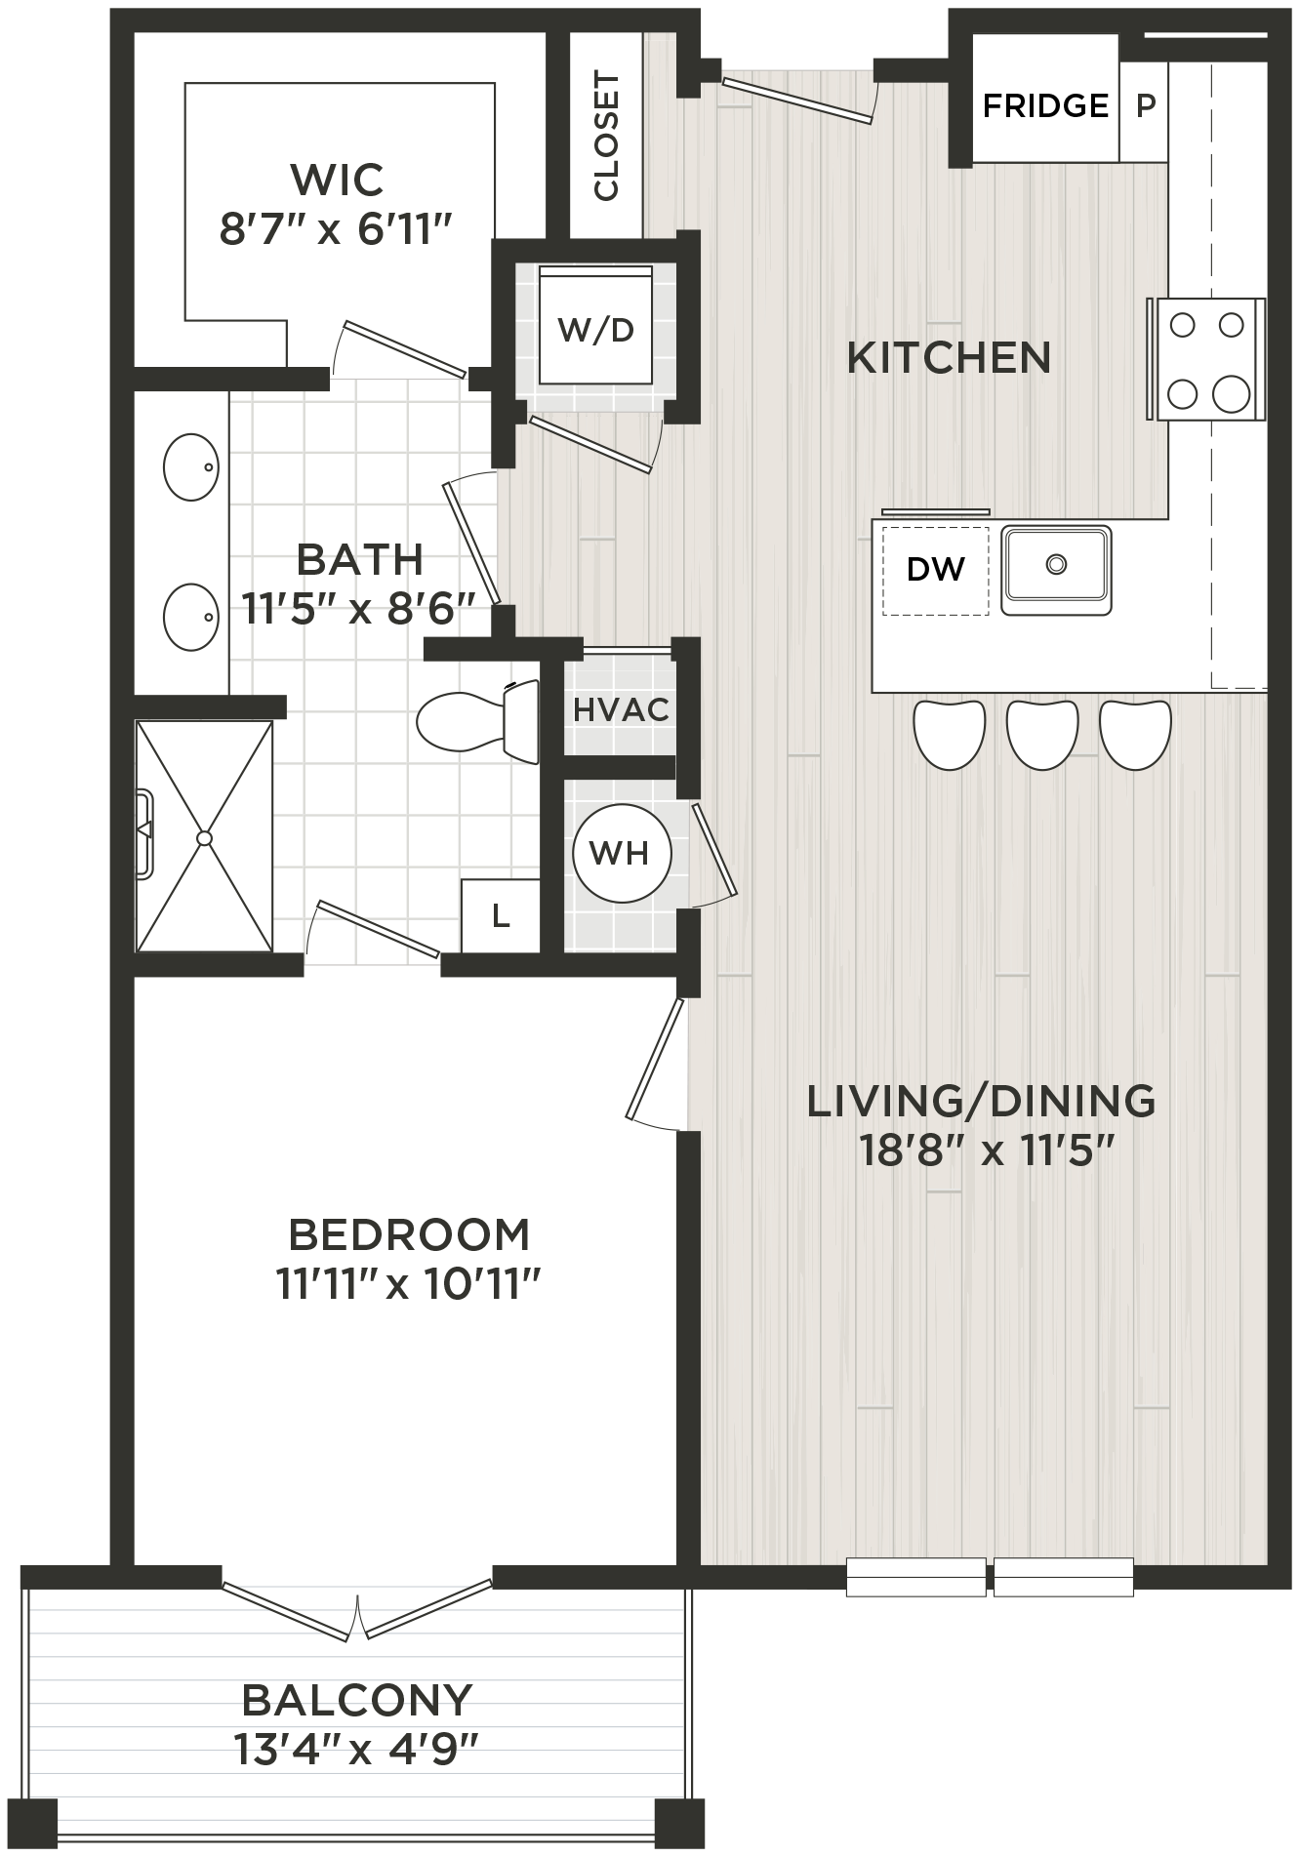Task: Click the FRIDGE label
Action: pos(1045,105)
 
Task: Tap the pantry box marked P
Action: pos(1145,105)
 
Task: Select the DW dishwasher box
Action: pos(935,570)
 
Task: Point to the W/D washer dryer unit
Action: pos(595,330)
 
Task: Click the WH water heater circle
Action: pos(621,854)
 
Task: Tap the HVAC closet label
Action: pos(621,710)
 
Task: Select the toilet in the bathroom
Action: pos(478,722)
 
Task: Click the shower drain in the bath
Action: pos(204,837)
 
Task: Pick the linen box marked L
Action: pos(501,916)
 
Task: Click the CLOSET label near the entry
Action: pos(606,136)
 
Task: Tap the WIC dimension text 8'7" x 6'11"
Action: pos(336,231)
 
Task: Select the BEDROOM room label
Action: pos(409,1235)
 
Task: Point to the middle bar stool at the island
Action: pos(1041,735)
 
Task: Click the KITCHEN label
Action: pos(948,358)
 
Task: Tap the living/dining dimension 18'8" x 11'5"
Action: pos(987,1151)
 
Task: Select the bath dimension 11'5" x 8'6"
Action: pos(359,611)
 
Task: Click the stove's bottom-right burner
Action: pos(1231,394)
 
